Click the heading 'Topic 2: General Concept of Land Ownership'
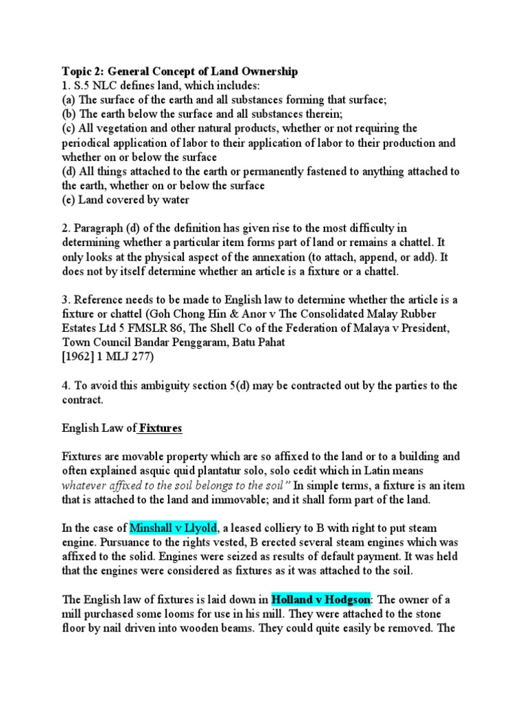coord(180,71)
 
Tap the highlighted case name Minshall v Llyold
coord(173,528)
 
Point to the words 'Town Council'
coord(97,342)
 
